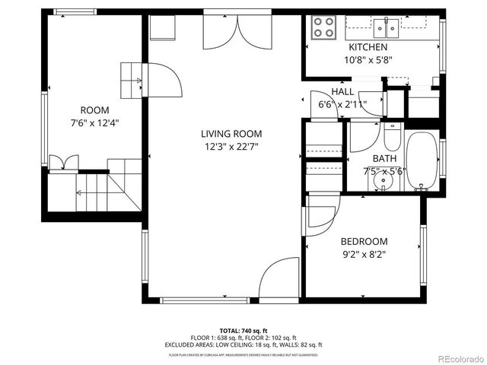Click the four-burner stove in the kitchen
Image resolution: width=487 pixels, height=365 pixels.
(x=324, y=28)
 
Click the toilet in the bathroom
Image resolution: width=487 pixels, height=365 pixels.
(x=392, y=137)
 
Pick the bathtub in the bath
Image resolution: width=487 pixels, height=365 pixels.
(x=421, y=160)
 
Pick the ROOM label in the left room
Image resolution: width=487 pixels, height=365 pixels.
(x=95, y=109)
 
